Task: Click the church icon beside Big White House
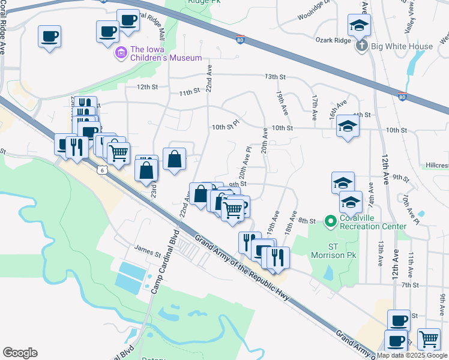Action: tap(361, 46)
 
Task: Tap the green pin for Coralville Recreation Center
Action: tap(330, 222)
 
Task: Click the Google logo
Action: tap(20, 353)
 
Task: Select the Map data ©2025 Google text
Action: tap(412, 355)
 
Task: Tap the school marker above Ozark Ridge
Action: tap(360, 25)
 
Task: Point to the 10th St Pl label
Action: tap(226, 127)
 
